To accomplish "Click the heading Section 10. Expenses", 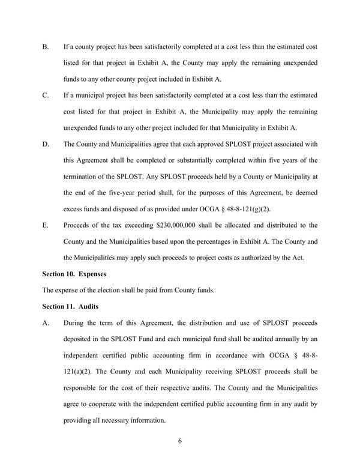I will pyautogui.click(x=74, y=274).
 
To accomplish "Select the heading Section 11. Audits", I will pyautogui.click(x=70, y=306).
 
